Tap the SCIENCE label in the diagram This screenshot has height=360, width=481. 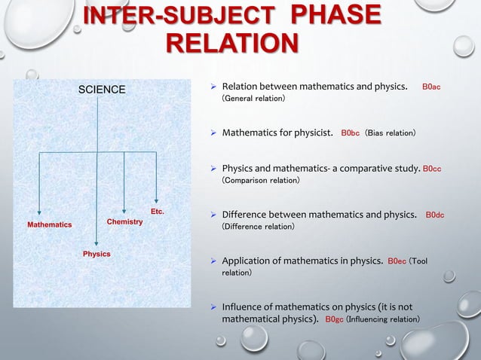tap(103, 90)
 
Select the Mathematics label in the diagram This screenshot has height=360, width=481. tap(50, 225)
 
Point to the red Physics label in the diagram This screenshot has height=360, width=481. tap(97, 255)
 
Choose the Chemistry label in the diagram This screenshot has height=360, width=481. tap(125, 222)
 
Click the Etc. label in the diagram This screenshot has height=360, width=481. tap(158, 212)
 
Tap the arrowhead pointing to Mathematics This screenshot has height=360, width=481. tap(40, 213)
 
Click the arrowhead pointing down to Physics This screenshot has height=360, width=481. tap(97, 243)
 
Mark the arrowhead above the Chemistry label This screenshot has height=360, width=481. tap(124, 210)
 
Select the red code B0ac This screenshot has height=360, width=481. tap(431, 87)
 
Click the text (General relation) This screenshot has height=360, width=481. tap(253, 99)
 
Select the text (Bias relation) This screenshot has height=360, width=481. tap(391, 134)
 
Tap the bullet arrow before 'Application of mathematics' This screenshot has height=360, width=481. tap(213, 261)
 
